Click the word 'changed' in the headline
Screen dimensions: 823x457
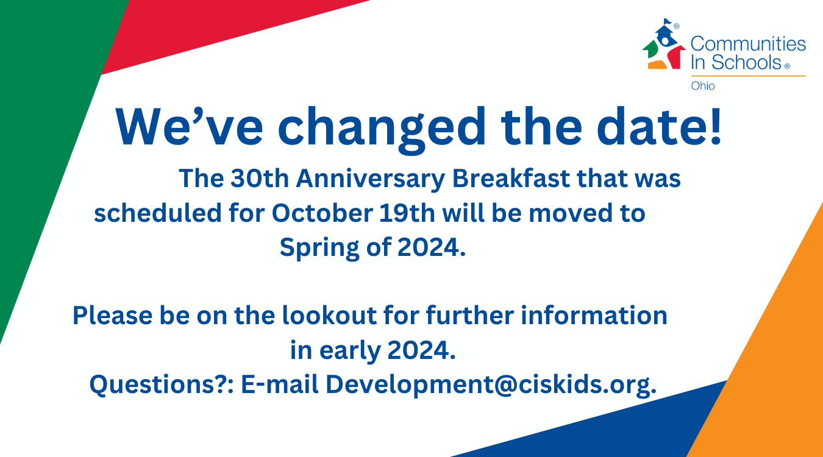382,129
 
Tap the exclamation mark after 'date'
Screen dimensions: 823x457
716,126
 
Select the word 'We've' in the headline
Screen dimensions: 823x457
189,127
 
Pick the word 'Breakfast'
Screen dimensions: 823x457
511,179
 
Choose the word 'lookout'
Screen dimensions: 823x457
330,316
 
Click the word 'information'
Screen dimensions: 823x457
594,316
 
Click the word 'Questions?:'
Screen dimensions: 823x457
162,385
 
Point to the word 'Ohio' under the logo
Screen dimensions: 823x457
703,86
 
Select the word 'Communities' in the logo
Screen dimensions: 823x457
749,44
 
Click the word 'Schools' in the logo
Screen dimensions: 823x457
747,62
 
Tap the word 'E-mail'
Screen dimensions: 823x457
280,384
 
